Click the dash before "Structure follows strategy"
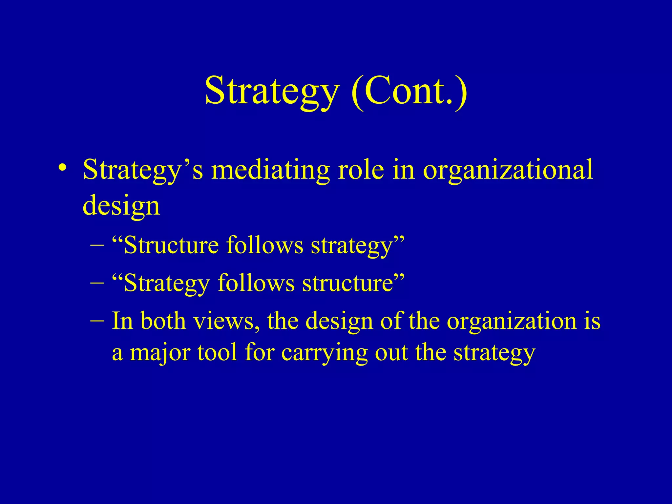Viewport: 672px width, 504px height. click(x=97, y=245)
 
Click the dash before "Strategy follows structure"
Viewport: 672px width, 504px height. click(x=97, y=283)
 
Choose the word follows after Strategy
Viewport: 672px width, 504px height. click(x=256, y=283)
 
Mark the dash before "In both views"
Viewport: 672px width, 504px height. click(x=97, y=320)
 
